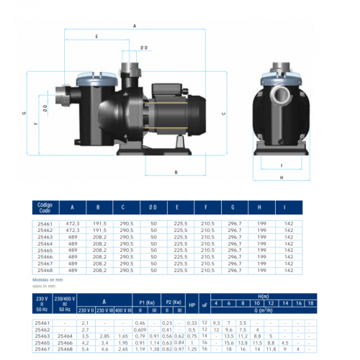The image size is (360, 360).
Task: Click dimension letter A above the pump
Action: [135, 25]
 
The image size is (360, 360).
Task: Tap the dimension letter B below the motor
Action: [176, 172]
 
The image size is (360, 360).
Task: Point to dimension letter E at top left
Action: [96, 35]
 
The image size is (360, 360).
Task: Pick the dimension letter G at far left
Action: [24, 113]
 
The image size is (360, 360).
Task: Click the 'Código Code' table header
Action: [45, 207]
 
